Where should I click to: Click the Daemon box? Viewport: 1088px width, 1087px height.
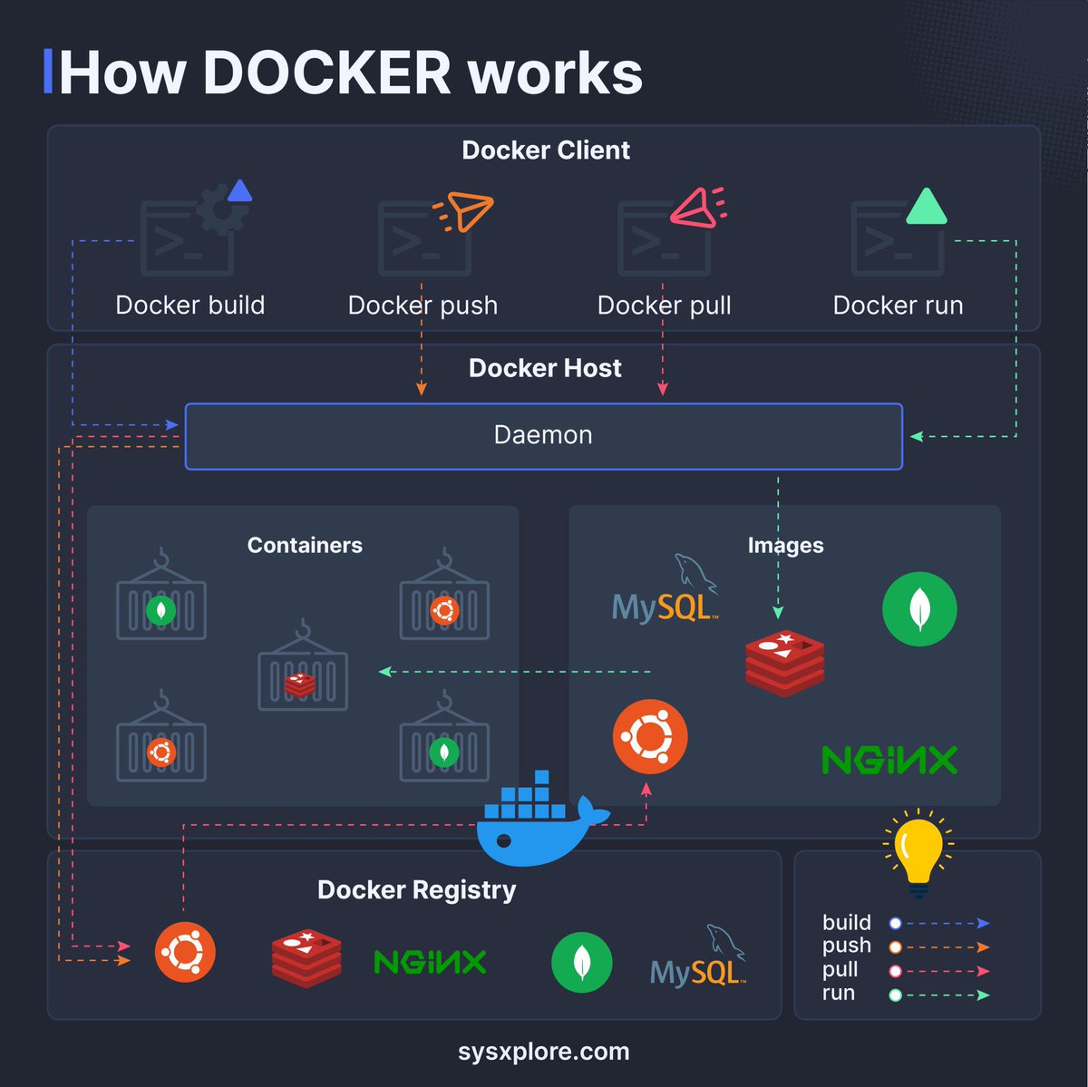point(544,436)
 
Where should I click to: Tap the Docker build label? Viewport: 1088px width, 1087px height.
point(190,306)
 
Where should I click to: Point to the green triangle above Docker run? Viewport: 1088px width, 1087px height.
point(927,207)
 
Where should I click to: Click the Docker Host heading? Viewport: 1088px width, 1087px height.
point(545,368)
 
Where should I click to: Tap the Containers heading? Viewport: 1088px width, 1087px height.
point(305,545)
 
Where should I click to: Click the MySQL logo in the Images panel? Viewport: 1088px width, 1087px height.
point(665,589)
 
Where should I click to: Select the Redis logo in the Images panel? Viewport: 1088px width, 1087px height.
point(784,664)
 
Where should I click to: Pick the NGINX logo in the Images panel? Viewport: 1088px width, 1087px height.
point(889,760)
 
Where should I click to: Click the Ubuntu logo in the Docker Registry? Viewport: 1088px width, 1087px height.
point(185,952)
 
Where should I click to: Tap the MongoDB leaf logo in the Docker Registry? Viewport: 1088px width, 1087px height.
point(581,962)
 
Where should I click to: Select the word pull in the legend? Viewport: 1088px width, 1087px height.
point(840,969)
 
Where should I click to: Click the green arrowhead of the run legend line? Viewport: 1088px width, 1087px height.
point(984,995)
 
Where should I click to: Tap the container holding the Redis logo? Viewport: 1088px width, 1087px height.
point(303,665)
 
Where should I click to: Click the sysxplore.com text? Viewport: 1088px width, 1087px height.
point(544,1052)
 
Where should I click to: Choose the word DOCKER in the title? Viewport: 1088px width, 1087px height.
point(327,73)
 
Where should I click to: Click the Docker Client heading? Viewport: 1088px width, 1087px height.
point(546,150)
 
